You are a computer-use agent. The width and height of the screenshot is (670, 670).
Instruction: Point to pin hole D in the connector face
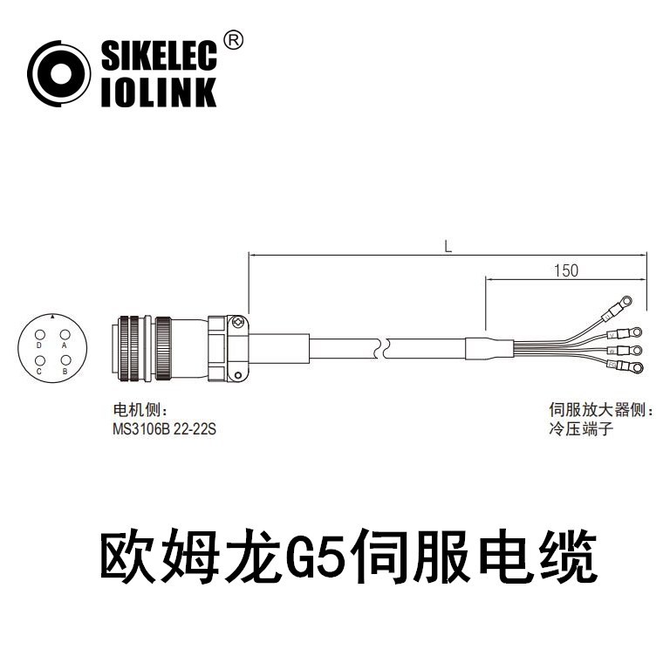pos(39,335)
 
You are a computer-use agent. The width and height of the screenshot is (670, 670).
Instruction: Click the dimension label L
pos(448,247)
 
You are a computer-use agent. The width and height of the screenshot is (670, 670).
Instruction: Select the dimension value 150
pos(565,270)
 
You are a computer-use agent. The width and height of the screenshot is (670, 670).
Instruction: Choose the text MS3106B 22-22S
pos(164,430)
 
